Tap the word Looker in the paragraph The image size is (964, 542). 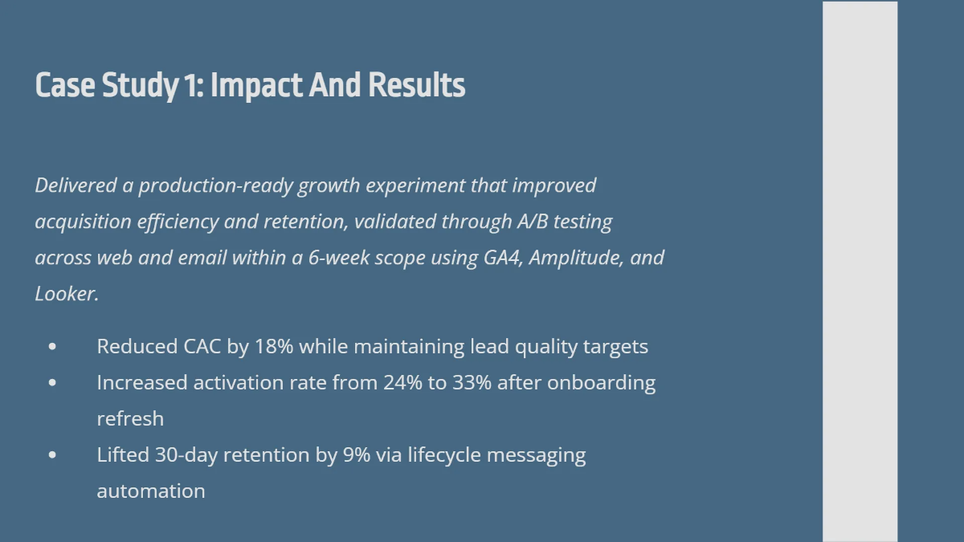[x=65, y=294]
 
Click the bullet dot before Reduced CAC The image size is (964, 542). [x=53, y=347]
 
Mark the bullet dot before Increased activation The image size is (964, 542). [x=53, y=383]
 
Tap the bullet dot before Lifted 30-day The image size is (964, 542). [x=53, y=455]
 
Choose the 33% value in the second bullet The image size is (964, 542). [x=471, y=383]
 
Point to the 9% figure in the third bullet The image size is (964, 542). [x=356, y=455]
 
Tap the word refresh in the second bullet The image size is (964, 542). [x=130, y=419]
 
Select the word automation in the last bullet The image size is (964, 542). [x=151, y=491]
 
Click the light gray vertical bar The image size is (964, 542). [x=860, y=271]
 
